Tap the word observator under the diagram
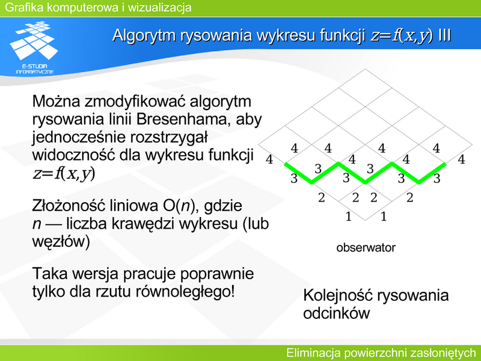[366, 247]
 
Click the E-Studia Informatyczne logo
[34, 48]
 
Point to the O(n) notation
[177, 206]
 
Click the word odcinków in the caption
[337, 313]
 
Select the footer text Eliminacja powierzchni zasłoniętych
[381, 353]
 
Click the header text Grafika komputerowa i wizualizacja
[98, 7]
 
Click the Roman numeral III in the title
[444, 35]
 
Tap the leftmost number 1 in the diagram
[349, 217]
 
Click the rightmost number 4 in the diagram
[461, 159]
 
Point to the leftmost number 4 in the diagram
[269, 159]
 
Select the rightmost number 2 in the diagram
[409, 197]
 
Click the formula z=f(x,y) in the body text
[64, 173]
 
